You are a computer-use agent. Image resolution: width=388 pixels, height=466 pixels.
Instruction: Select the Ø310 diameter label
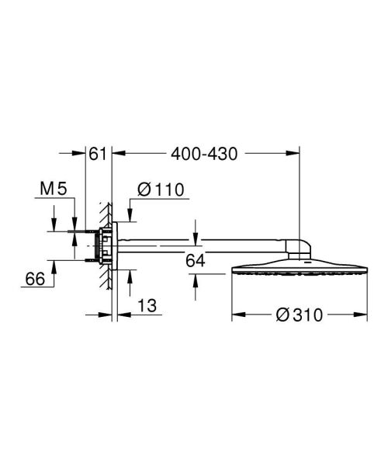pyautogui.click(x=299, y=315)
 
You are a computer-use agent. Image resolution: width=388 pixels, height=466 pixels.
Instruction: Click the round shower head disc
pyautogui.click(x=299, y=273)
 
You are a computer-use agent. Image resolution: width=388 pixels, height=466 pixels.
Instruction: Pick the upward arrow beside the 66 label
pyautogui.click(x=54, y=265)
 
